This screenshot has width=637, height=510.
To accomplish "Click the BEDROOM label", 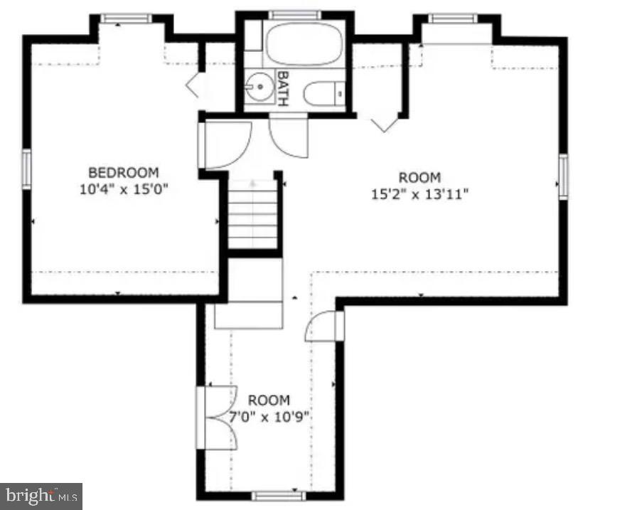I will click(124, 172).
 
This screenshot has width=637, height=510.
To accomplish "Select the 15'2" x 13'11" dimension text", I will click(419, 193).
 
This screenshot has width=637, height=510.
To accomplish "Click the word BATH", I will click(282, 88).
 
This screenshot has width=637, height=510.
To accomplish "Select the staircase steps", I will click(252, 213).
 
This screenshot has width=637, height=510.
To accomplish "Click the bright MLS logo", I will click(41, 495).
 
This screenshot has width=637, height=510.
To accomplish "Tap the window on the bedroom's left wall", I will click(27, 169).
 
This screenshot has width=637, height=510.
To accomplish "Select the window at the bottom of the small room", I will click(277, 495).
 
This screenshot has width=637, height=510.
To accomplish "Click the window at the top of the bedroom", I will click(126, 18).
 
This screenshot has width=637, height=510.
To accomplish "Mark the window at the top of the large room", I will click(452, 18).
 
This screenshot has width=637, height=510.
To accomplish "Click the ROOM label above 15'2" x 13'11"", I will click(419, 178).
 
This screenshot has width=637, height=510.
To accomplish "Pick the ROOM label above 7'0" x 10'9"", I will click(269, 400).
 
